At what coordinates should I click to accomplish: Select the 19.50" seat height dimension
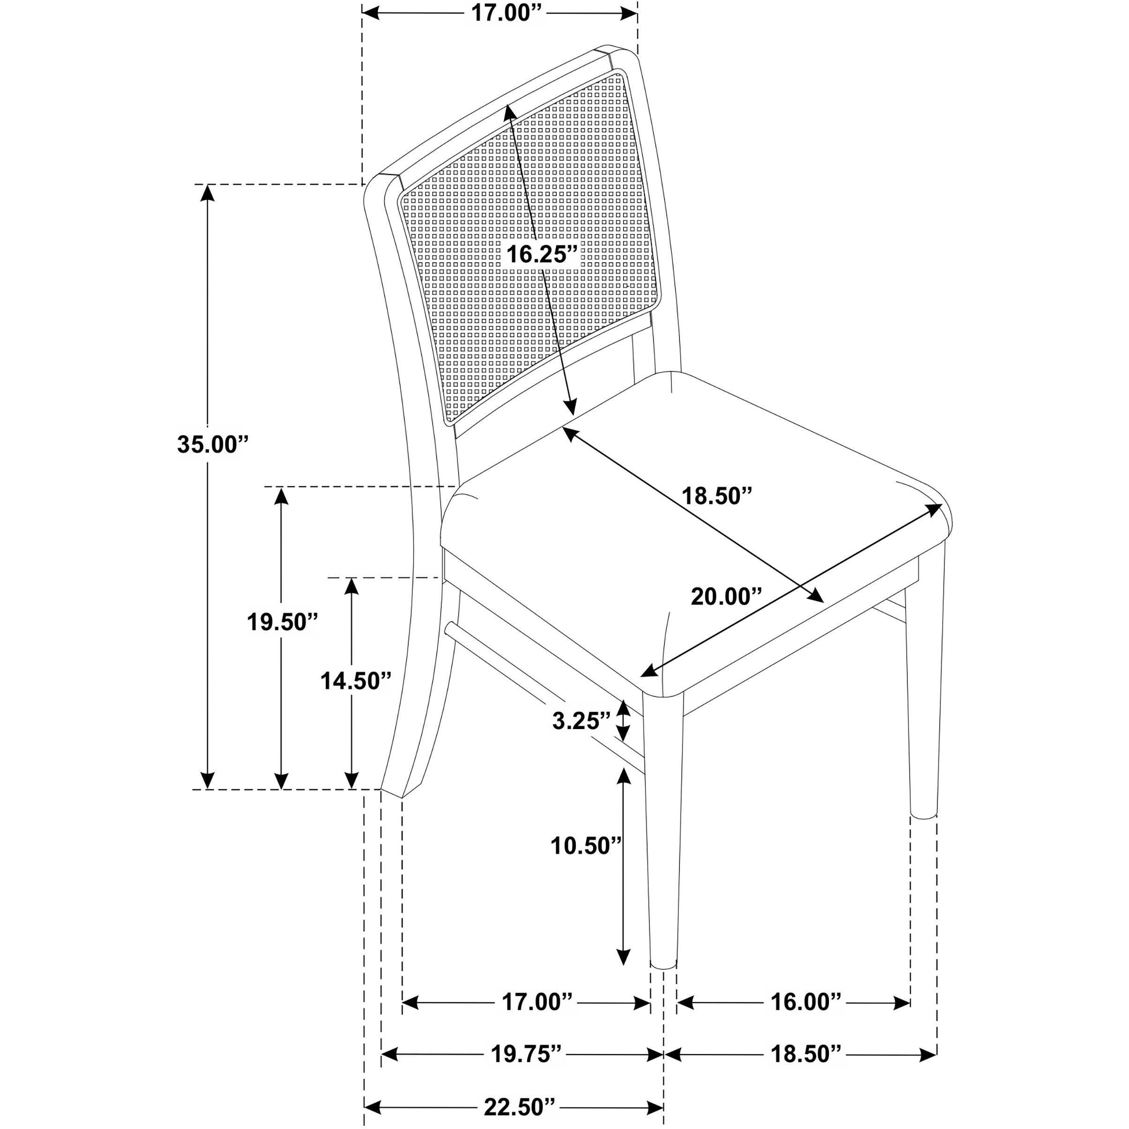282,622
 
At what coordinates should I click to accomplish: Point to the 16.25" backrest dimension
542,254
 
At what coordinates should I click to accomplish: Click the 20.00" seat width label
727,597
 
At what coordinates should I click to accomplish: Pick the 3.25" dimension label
581,721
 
